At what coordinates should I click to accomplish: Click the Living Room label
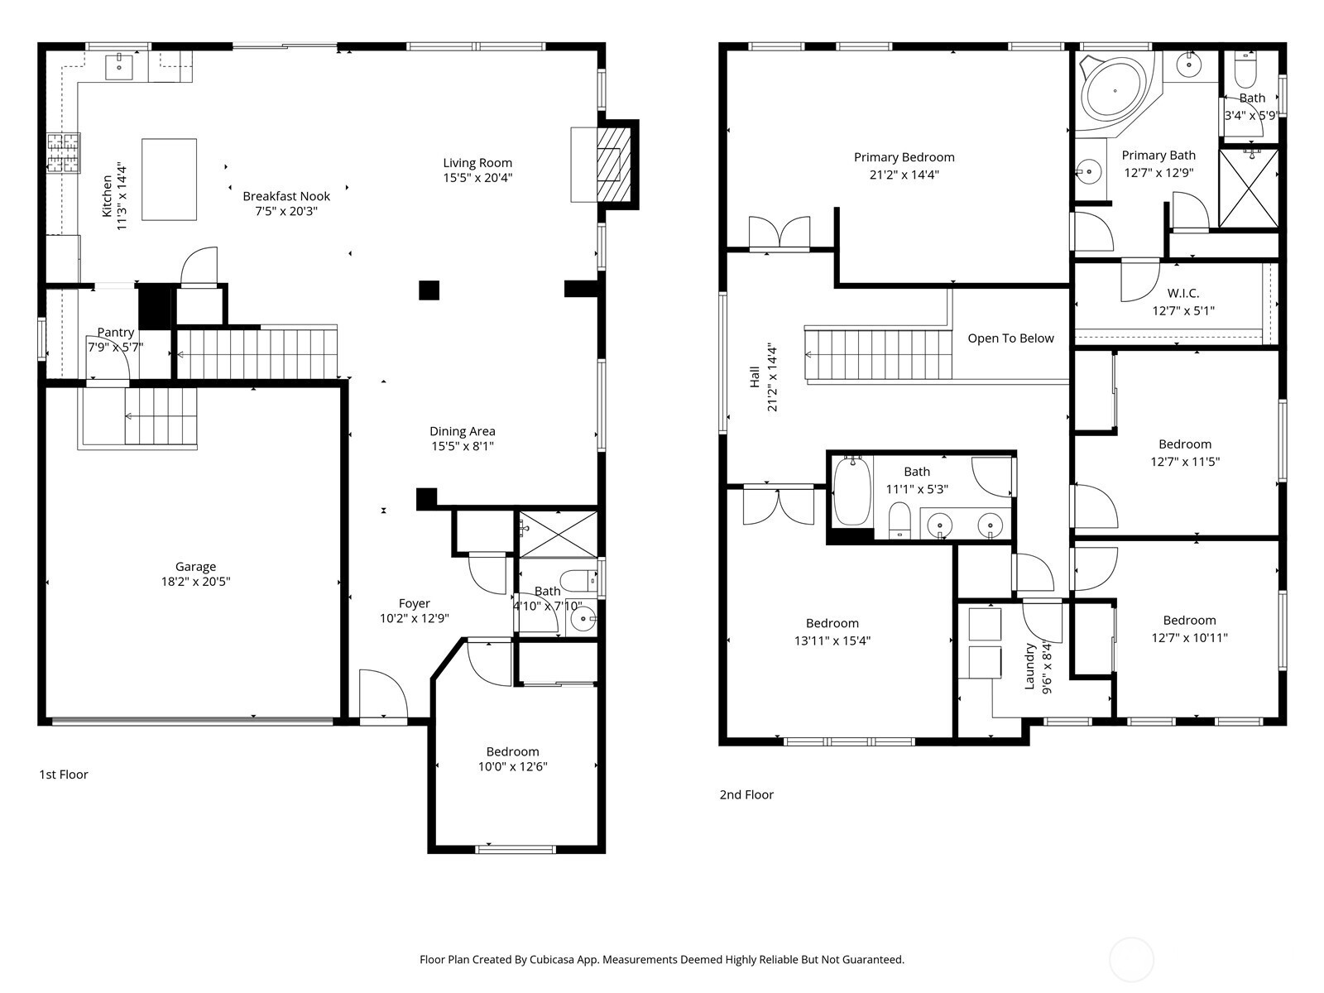coord(477,163)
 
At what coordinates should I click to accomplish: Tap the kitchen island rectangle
coord(169,180)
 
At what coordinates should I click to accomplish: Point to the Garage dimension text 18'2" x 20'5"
coord(195,582)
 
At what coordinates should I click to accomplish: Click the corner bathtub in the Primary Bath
coord(1115,93)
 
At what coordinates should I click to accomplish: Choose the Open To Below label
coord(1011,338)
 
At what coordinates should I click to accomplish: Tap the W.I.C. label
coord(1182,294)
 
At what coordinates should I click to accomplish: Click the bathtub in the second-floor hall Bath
coord(851,492)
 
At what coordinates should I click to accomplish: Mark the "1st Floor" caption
coord(64,775)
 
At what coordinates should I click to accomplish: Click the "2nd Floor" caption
coord(746,795)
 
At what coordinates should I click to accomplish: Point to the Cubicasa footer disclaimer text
coord(662,960)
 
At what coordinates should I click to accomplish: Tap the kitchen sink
coord(119,66)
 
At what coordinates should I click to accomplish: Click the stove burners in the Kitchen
coord(64,153)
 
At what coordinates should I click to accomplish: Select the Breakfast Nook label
coord(286,197)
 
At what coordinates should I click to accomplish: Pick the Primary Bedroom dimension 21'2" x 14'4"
coord(904,175)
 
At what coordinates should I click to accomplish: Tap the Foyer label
coord(415,603)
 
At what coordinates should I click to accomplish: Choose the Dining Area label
coord(463,432)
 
